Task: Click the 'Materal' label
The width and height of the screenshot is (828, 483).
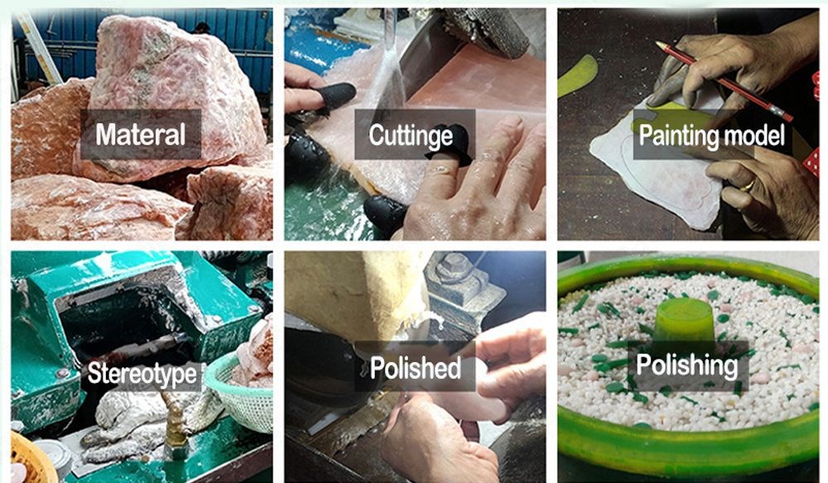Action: pos(141,134)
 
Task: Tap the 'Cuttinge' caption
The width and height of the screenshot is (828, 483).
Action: pos(411,135)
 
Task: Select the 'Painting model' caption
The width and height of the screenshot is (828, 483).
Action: pos(712,135)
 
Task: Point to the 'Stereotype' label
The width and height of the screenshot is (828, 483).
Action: pos(142,374)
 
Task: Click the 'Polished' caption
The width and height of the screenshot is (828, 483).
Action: pos(415,368)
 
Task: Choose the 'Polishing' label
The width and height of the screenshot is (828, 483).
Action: pos(687,365)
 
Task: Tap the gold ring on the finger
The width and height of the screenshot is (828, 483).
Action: pos(747,185)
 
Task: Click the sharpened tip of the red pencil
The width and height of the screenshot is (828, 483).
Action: pos(658,44)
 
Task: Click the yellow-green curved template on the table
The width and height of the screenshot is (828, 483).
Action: pos(578,75)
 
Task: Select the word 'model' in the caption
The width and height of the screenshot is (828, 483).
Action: pos(754,135)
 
